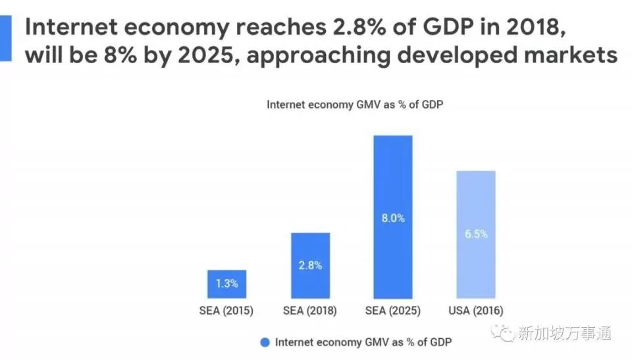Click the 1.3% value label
tap(226, 285)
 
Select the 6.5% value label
tap(475, 234)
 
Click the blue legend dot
tap(265, 342)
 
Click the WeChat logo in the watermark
tap(507, 334)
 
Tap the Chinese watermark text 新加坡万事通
tap(565, 334)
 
